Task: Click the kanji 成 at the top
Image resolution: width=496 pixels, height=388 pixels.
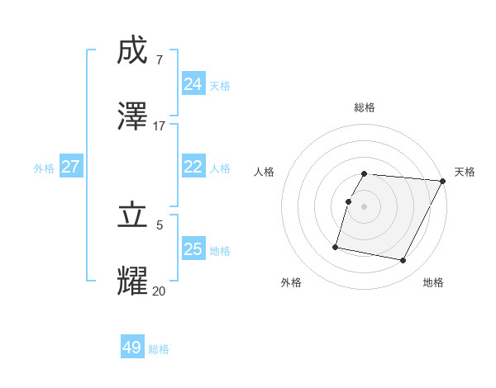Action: [132, 52]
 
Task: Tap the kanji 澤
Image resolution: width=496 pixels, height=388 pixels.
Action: [132, 116]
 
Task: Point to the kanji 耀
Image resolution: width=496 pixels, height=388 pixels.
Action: [132, 282]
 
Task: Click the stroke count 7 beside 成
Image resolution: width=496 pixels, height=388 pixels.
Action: [159, 60]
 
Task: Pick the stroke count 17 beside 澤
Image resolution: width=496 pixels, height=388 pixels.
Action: [160, 125]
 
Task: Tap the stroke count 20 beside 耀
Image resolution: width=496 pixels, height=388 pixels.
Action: [160, 290]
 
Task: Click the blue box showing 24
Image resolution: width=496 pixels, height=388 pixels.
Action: [193, 84]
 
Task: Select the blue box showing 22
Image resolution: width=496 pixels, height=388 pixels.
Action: [193, 167]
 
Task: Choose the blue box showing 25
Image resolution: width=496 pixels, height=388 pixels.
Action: [193, 249]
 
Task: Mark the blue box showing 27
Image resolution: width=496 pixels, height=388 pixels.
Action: [70, 167]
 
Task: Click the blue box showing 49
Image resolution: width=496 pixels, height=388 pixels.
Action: [132, 348]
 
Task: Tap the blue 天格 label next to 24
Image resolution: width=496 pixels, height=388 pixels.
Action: [220, 86]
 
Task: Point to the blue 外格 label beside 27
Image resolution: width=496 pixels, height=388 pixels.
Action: [44, 168]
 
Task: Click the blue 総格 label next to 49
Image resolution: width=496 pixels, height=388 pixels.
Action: [159, 349]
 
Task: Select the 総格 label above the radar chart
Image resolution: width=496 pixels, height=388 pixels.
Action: [365, 107]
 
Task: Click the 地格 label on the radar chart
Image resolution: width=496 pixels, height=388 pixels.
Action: [433, 282]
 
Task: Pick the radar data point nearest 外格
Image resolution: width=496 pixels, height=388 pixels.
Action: [336, 246]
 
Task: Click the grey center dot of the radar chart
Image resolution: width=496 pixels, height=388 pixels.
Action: [365, 206]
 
